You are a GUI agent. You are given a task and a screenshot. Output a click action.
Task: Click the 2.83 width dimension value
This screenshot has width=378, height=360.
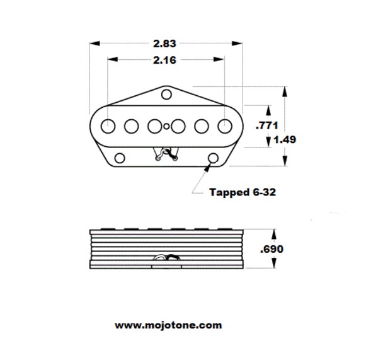click(164, 44)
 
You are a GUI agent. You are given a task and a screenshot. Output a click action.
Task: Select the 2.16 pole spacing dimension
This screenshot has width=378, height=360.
click(164, 60)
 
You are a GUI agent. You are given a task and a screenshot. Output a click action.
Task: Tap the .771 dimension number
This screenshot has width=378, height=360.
click(267, 125)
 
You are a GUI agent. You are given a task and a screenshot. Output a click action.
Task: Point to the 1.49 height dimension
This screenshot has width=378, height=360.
click(285, 139)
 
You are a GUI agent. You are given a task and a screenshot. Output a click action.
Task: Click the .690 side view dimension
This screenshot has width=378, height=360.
click(272, 249)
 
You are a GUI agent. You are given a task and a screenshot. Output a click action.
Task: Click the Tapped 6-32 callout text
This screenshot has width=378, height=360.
click(243, 192)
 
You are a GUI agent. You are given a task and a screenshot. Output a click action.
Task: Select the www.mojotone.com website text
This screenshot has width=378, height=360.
click(168, 325)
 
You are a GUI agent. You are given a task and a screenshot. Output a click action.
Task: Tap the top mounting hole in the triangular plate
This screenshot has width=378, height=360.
click(166, 95)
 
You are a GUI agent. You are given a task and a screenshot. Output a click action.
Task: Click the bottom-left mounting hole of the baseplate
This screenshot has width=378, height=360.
click(120, 158)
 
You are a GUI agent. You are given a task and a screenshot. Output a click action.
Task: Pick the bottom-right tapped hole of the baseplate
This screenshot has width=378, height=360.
click(213, 158)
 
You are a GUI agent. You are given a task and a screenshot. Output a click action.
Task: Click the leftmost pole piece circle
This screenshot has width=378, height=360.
click(108, 126)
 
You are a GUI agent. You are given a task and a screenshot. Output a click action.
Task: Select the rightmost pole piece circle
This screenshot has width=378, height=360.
click(225, 126)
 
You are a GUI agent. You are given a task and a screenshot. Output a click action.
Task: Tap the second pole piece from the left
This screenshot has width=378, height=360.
click(132, 126)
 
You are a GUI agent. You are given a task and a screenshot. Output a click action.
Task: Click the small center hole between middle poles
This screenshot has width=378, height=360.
click(166, 126)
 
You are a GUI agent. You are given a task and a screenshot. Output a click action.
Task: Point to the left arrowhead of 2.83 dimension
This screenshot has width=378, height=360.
click(94, 44)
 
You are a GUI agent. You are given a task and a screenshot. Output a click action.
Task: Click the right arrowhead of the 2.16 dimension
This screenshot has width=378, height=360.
click(219, 59)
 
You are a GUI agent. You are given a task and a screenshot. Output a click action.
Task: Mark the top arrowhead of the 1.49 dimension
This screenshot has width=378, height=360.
click(285, 91)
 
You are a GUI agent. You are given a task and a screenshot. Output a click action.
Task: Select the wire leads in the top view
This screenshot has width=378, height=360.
click(166, 154)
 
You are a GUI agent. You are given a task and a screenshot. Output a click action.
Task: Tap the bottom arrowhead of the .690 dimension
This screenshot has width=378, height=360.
click(274, 263)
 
